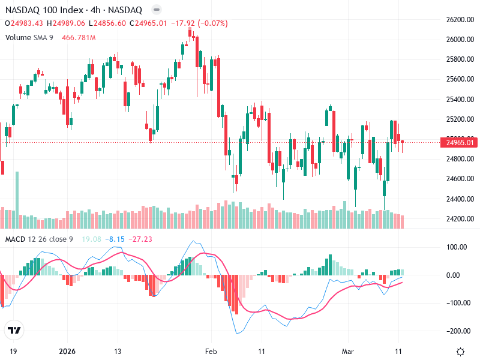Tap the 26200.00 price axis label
[x=460, y=20]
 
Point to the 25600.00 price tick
[x=460, y=79]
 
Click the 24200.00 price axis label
[x=460, y=218]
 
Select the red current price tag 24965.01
[x=460, y=142]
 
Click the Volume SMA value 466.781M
[x=79, y=38]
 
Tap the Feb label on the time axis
[x=210, y=351]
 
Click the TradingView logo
[x=14, y=330]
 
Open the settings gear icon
[x=460, y=352]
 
